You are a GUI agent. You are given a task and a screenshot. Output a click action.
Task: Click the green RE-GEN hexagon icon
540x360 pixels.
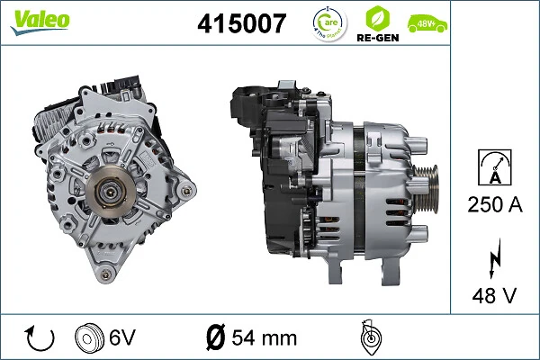pyautogui.click(x=378, y=23)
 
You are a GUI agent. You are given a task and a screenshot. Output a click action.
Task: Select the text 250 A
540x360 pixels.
pyautogui.click(x=495, y=206)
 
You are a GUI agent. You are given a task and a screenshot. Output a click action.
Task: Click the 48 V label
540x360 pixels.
pyautogui.click(x=495, y=294)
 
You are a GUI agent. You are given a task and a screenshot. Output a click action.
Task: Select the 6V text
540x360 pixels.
pyautogui.click(x=123, y=338)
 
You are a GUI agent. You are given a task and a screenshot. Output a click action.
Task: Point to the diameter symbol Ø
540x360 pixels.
pyautogui.click(x=215, y=338)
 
